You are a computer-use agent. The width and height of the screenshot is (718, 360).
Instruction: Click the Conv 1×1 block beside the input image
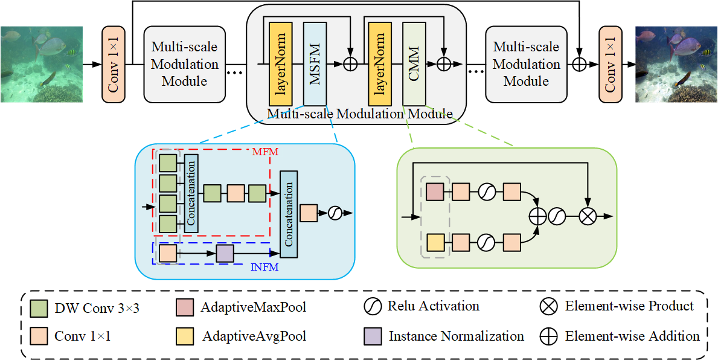click(x=112, y=65)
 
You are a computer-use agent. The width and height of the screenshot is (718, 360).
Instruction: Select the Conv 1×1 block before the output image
click(x=610, y=65)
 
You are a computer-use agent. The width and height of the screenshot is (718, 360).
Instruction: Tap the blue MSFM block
click(x=315, y=64)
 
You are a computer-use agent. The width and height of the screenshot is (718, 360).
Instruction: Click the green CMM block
click(x=414, y=64)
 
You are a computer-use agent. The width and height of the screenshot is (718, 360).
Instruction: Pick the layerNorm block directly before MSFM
click(x=280, y=64)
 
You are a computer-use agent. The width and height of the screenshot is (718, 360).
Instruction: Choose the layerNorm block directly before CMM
click(x=379, y=64)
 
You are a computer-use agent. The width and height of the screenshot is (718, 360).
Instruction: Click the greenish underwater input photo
click(x=41, y=64)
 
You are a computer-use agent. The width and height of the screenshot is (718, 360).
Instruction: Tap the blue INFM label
click(x=264, y=267)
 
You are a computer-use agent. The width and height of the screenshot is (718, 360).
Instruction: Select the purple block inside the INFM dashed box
click(x=225, y=254)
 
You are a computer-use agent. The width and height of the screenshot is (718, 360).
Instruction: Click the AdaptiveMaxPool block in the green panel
click(x=435, y=193)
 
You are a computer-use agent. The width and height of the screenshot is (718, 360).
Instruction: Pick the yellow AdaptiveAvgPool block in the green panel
click(x=435, y=242)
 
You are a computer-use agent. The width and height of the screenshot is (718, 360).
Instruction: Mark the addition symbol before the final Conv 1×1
click(x=579, y=65)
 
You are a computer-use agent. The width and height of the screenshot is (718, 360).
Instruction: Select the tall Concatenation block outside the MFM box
click(x=289, y=214)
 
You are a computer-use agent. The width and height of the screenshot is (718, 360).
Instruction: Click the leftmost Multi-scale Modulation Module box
click(x=185, y=65)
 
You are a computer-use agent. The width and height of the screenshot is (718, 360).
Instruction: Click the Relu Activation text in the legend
click(x=434, y=306)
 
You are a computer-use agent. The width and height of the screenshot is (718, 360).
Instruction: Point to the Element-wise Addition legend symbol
click(x=548, y=336)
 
